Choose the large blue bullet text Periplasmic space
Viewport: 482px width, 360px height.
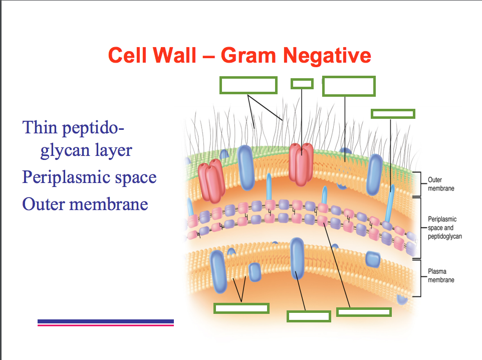pos(89,177)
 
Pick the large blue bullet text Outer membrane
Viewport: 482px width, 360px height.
pos(85,204)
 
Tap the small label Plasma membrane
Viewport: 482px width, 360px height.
pos(441,275)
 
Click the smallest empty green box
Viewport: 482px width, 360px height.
pos(302,83)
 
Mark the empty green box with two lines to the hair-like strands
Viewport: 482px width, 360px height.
pos(249,85)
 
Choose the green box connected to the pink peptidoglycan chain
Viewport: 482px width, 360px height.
pos(364,312)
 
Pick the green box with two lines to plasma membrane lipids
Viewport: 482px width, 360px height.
pos(242,308)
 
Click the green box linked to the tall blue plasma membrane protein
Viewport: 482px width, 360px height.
pos(309,316)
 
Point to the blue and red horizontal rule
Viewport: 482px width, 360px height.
pos(106,322)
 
